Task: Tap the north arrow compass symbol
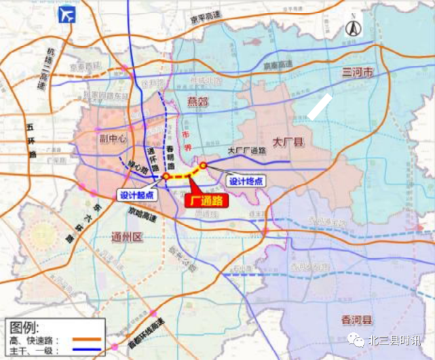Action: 352,28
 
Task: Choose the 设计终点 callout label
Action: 245,181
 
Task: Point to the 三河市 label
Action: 358,72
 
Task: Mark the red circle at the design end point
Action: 202,165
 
